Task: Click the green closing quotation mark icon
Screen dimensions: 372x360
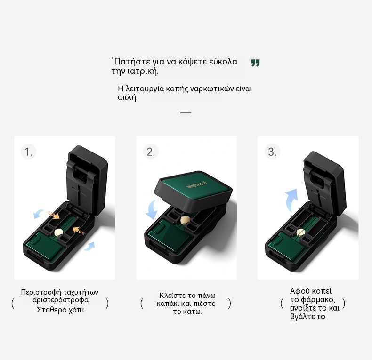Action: [255, 63]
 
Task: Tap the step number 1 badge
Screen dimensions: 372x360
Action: [28, 152]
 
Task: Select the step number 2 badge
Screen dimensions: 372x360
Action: [151, 152]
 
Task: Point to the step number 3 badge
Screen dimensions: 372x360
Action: [272, 152]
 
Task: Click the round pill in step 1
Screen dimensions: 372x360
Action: [58, 232]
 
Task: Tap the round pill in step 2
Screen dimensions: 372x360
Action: [185, 220]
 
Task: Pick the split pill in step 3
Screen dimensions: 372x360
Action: [301, 232]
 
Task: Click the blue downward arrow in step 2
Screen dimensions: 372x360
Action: [151, 209]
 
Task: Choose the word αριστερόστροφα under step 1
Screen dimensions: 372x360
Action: [60, 300]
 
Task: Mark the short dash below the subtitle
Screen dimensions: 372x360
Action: [186, 113]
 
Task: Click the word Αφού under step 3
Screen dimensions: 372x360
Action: [300, 291]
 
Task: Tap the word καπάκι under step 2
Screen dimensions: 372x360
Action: [168, 304]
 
